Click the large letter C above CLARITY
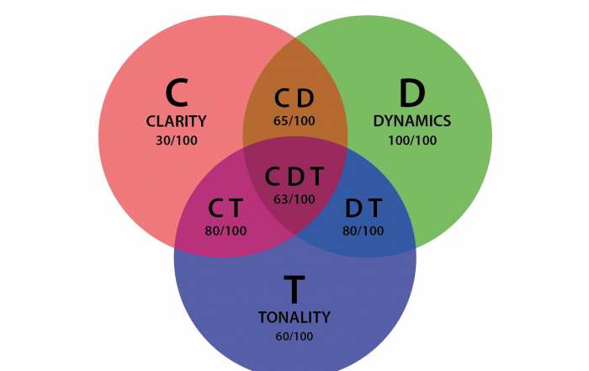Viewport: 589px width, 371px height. click(x=177, y=92)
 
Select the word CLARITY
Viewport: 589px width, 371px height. click(x=176, y=121)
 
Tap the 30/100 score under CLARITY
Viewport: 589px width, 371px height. click(x=177, y=140)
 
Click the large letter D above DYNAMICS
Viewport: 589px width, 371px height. click(x=411, y=92)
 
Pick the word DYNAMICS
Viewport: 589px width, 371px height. click(x=411, y=121)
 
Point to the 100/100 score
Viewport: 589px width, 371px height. click(x=411, y=140)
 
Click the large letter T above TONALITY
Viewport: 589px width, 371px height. click(x=294, y=290)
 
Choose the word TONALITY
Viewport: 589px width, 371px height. click(x=294, y=317)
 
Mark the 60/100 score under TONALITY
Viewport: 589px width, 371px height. click(x=294, y=337)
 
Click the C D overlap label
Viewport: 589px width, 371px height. click(x=294, y=99)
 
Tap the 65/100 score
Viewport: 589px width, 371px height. click(x=294, y=120)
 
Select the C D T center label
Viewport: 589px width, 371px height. click(x=294, y=177)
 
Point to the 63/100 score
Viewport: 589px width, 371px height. click(x=294, y=199)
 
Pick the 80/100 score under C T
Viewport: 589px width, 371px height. click(x=225, y=230)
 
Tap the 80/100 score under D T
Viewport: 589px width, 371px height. click(x=363, y=230)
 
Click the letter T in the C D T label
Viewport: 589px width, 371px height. click(x=316, y=177)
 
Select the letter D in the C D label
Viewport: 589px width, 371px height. click(x=305, y=99)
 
